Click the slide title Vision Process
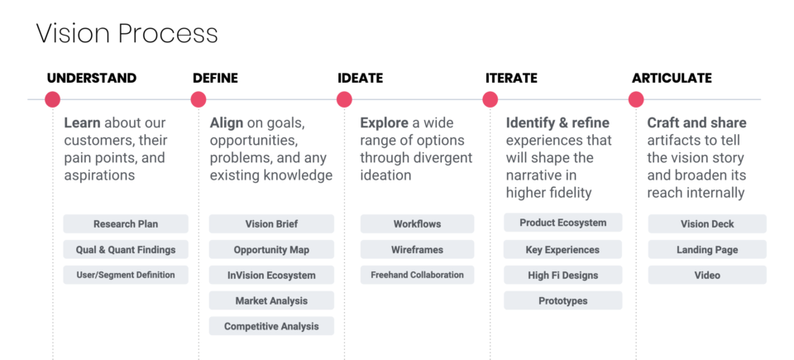(x=127, y=34)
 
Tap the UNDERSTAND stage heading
(x=92, y=78)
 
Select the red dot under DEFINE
(x=198, y=99)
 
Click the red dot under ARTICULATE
(x=636, y=99)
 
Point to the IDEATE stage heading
(x=361, y=78)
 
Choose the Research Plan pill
(x=126, y=223)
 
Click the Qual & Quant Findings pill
(x=126, y=249)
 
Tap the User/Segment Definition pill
(x=126, y=275)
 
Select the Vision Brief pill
(x=271, y=223)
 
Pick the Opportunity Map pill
(x=271, y=249)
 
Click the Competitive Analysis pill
(x=271, y=326)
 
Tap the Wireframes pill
(x=417, y=249)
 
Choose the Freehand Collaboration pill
(x=417, y=275)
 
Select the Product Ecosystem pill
(x=563, y=223)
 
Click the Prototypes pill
(x=563, y=300)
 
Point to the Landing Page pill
(x=707, y=249)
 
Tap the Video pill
(x=707, y=275)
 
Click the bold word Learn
(x=82, y=122)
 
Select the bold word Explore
(x=385, y=122)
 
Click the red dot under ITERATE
(x=490, y=99)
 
